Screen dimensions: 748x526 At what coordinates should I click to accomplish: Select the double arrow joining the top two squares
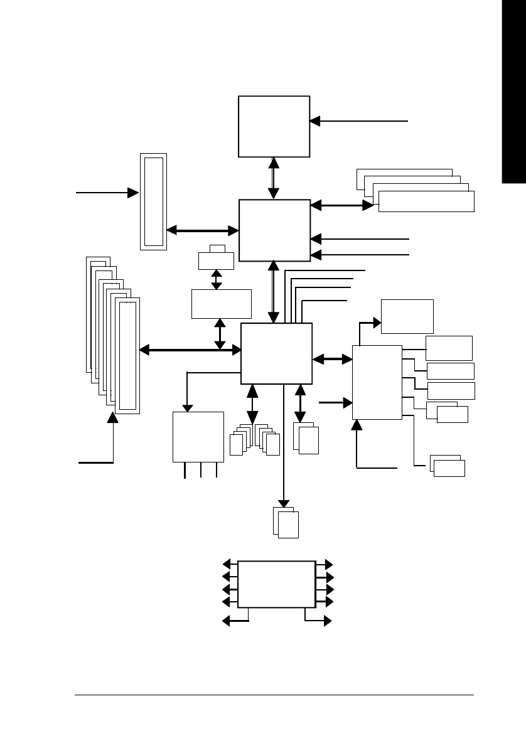274,178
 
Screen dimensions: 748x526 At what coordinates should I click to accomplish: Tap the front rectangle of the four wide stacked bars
426,202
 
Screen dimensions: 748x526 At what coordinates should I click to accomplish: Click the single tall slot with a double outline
154,201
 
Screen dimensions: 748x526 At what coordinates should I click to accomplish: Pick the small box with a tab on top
216,259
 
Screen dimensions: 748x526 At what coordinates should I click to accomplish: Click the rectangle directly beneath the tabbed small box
221,304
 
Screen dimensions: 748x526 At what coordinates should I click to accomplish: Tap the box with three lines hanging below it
198,437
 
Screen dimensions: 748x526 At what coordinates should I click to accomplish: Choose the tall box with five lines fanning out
377,382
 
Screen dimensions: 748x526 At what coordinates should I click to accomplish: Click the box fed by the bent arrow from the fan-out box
407,316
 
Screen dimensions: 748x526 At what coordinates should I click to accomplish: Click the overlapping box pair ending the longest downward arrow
287,523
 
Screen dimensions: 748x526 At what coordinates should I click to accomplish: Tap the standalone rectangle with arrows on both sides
276,584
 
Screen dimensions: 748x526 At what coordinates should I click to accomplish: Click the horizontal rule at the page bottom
274,695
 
